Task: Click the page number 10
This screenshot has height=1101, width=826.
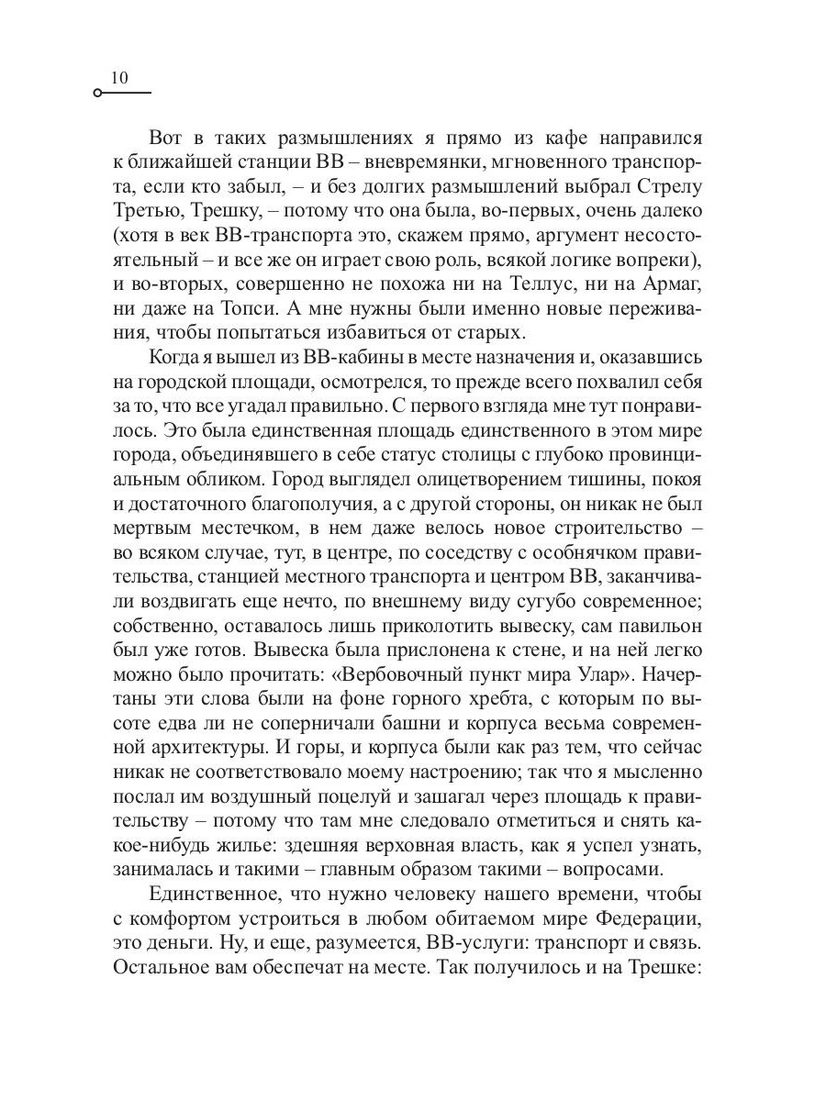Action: pos(119,79)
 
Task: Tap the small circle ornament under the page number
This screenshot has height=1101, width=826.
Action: pos(98,94)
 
